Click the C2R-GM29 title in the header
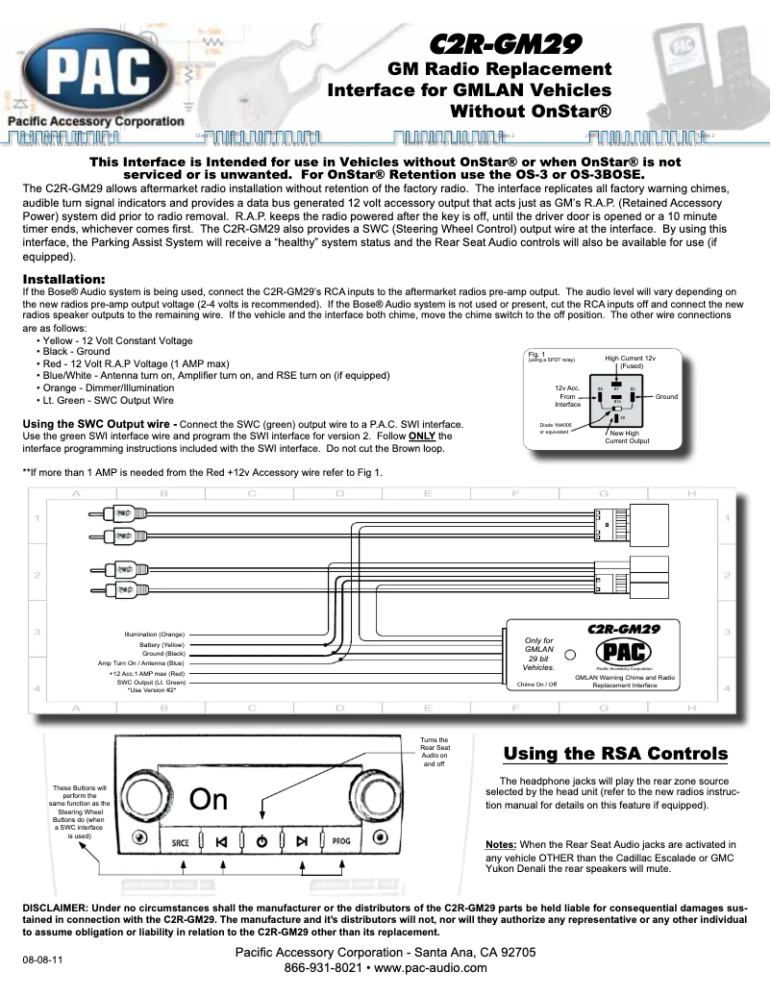[503, 43]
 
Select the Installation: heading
[63, 280]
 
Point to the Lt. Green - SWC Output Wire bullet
[108, 399]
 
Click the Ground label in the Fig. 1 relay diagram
[666, 396]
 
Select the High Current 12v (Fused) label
[630, 362]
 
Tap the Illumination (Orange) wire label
[155, 635]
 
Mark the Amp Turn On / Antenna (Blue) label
[141, 663]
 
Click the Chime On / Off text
[536, 685]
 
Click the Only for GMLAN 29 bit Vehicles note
[537, 653]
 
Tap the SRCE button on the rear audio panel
[181, 841]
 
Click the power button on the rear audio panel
[261, 841]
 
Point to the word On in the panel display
[208, 799]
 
